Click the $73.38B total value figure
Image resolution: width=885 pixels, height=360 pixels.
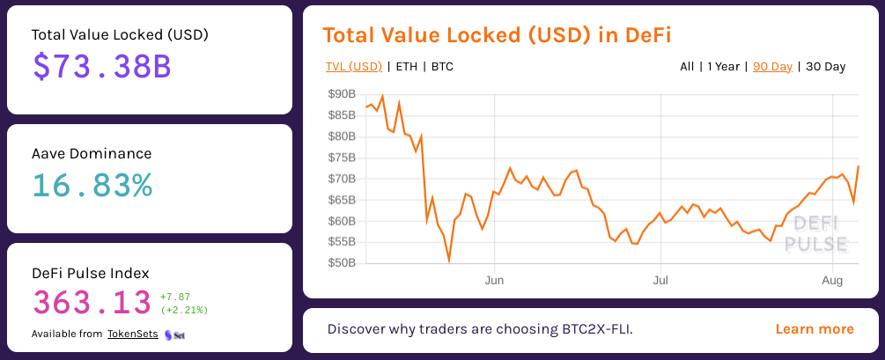click(101, 68)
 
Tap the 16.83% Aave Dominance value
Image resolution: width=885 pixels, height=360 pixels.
click(92, 185)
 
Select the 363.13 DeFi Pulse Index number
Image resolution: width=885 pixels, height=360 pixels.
click(92, 302)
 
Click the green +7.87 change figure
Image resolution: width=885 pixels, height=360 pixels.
click(175, 297)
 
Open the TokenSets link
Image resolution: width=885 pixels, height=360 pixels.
click(133, 334)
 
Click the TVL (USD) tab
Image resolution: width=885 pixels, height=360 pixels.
click(353, 66)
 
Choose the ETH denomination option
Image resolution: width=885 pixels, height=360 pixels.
click(407, 66)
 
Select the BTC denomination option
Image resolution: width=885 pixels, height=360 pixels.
click(442, 66)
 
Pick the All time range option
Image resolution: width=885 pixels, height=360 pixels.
click(687, 66)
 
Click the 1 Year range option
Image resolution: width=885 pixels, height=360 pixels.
click(723, 66)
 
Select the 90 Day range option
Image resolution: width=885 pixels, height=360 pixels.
click(772, 66)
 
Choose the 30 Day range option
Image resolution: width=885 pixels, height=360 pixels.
click(825, 66)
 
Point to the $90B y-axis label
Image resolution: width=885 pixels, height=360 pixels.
click(341, 94)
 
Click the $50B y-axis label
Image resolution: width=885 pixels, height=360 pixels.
click(341, 263)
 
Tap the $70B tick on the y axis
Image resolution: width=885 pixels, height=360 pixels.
click(341, 179)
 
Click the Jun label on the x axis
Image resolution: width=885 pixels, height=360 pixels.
click(494, 280)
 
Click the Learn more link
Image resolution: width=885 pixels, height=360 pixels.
click(815, 329)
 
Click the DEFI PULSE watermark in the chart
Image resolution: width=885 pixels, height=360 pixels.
click(815, 234)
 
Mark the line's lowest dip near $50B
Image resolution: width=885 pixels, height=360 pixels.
click(449, 261)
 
